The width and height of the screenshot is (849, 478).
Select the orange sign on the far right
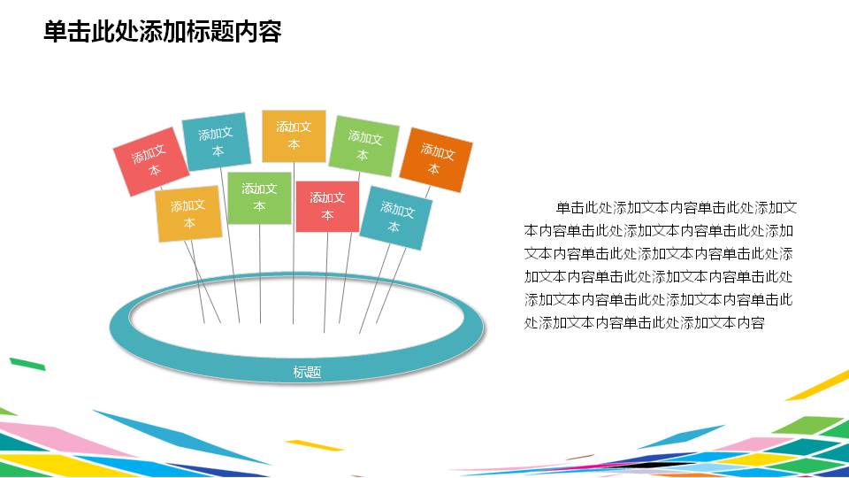(435, 160)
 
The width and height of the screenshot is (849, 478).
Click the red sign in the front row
(327, 206)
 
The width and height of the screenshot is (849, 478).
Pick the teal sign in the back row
(217, 142)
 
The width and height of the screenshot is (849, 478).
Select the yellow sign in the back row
(294, 135)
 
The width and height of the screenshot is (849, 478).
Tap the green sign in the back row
(363, 145)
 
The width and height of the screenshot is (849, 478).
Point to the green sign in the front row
(259, 197)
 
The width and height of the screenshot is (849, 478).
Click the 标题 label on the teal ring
(306, 373)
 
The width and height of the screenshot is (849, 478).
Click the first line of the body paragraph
(677, 209)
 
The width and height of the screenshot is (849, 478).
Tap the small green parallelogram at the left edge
(27, 363)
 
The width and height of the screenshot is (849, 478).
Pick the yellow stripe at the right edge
(818, 386)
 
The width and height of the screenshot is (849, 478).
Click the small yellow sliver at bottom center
(314, 444)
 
